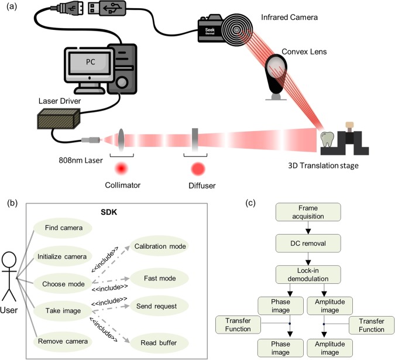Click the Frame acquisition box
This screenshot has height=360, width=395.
(x=308, y=211)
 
